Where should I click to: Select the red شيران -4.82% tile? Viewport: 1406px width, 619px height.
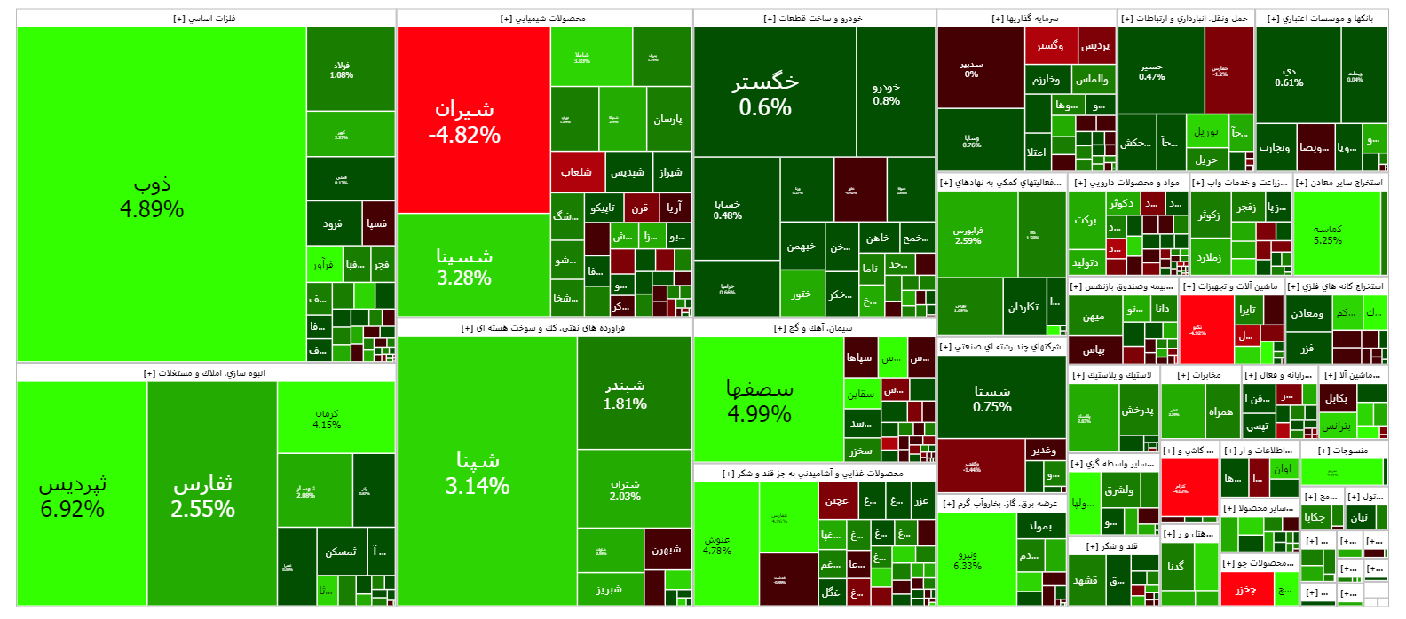[463, 121]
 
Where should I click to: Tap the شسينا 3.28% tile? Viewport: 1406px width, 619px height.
[463, 266]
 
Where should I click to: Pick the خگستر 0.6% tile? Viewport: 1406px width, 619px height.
[765, 94]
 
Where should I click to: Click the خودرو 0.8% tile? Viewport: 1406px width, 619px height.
[886, 93]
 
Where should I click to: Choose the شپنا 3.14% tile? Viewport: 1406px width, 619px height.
[477, 472]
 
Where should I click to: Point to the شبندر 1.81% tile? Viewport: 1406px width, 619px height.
[625, 395]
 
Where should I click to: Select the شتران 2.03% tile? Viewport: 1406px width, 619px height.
[625, 490]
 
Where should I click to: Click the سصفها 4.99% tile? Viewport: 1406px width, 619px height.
[759, 400]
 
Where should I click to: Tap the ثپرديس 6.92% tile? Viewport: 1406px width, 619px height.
[73, 496]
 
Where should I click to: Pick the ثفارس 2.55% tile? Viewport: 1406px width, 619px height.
[202, 496]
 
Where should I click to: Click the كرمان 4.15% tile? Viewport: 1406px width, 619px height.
[327, 419]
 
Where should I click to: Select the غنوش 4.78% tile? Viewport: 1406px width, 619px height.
[716, 545]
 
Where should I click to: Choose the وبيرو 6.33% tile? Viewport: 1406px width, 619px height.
[968, 560]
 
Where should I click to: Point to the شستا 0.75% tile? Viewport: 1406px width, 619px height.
[991, 398]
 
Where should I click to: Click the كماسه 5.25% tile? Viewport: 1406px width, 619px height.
[1328, 234]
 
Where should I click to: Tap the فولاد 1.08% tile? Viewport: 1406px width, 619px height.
[342, 70]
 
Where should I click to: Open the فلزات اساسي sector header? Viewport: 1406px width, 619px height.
[205, 19]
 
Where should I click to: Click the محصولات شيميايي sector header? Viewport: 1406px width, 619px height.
[543, 19]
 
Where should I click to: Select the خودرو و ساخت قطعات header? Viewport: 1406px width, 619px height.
[813, 19]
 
